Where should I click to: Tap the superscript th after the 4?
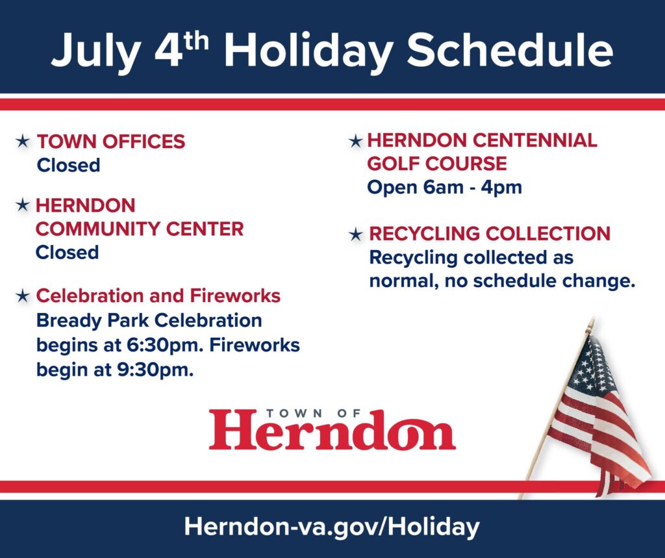pos(196,41)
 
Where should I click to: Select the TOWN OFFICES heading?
pos(111,142)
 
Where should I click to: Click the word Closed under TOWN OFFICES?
pos(68,164)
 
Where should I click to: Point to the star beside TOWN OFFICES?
pos(23,141)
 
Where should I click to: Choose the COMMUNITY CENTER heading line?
pos(140,229)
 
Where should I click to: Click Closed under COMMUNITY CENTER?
pos(67,252)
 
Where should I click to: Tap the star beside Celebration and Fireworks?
pos(23,296)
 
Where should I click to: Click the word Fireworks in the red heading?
pos(235,296)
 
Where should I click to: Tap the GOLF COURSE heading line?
pos(437,163)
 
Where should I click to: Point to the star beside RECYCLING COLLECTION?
pos(356,234)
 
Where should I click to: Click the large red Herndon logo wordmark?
pos(332,430)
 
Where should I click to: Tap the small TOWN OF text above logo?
pos(314,413)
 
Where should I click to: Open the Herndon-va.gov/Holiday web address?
pos(332,527)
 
